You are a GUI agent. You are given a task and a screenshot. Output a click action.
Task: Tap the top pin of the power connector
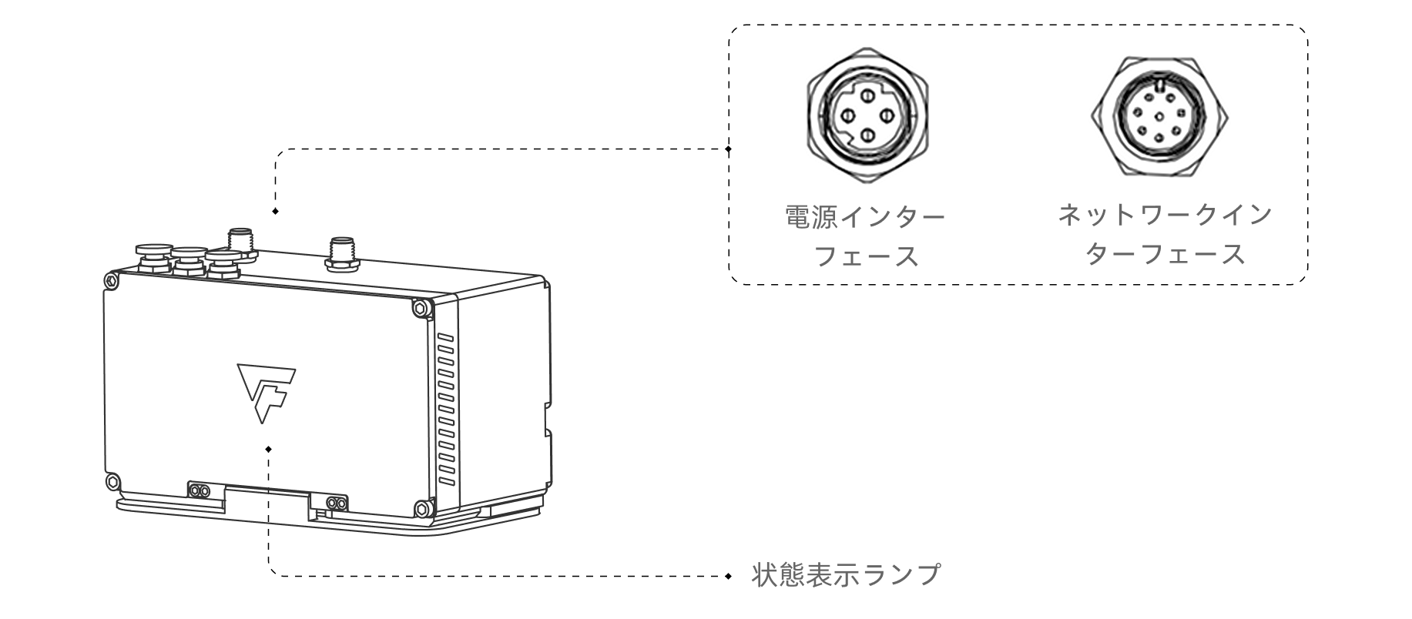(x=867, y=95)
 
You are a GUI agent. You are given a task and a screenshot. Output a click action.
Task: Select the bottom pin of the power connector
(x=867, y=136)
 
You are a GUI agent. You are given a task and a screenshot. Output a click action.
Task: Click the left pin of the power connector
(x=847, y=115)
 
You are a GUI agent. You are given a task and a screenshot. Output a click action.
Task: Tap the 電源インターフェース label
(x=865, y=236)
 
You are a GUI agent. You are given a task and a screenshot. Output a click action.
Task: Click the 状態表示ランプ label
(x=845, y=574)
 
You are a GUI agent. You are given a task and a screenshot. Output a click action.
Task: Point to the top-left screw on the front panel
(x=112, y=280)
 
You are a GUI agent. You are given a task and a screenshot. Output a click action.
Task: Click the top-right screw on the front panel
(x=420, y=307)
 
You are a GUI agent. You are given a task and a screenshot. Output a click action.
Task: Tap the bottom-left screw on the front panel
(x=112, y=481)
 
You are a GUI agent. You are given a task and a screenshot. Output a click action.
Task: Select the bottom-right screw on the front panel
(x=421, y=508)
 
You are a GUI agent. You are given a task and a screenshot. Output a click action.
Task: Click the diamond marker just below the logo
(x=268, y=449)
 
